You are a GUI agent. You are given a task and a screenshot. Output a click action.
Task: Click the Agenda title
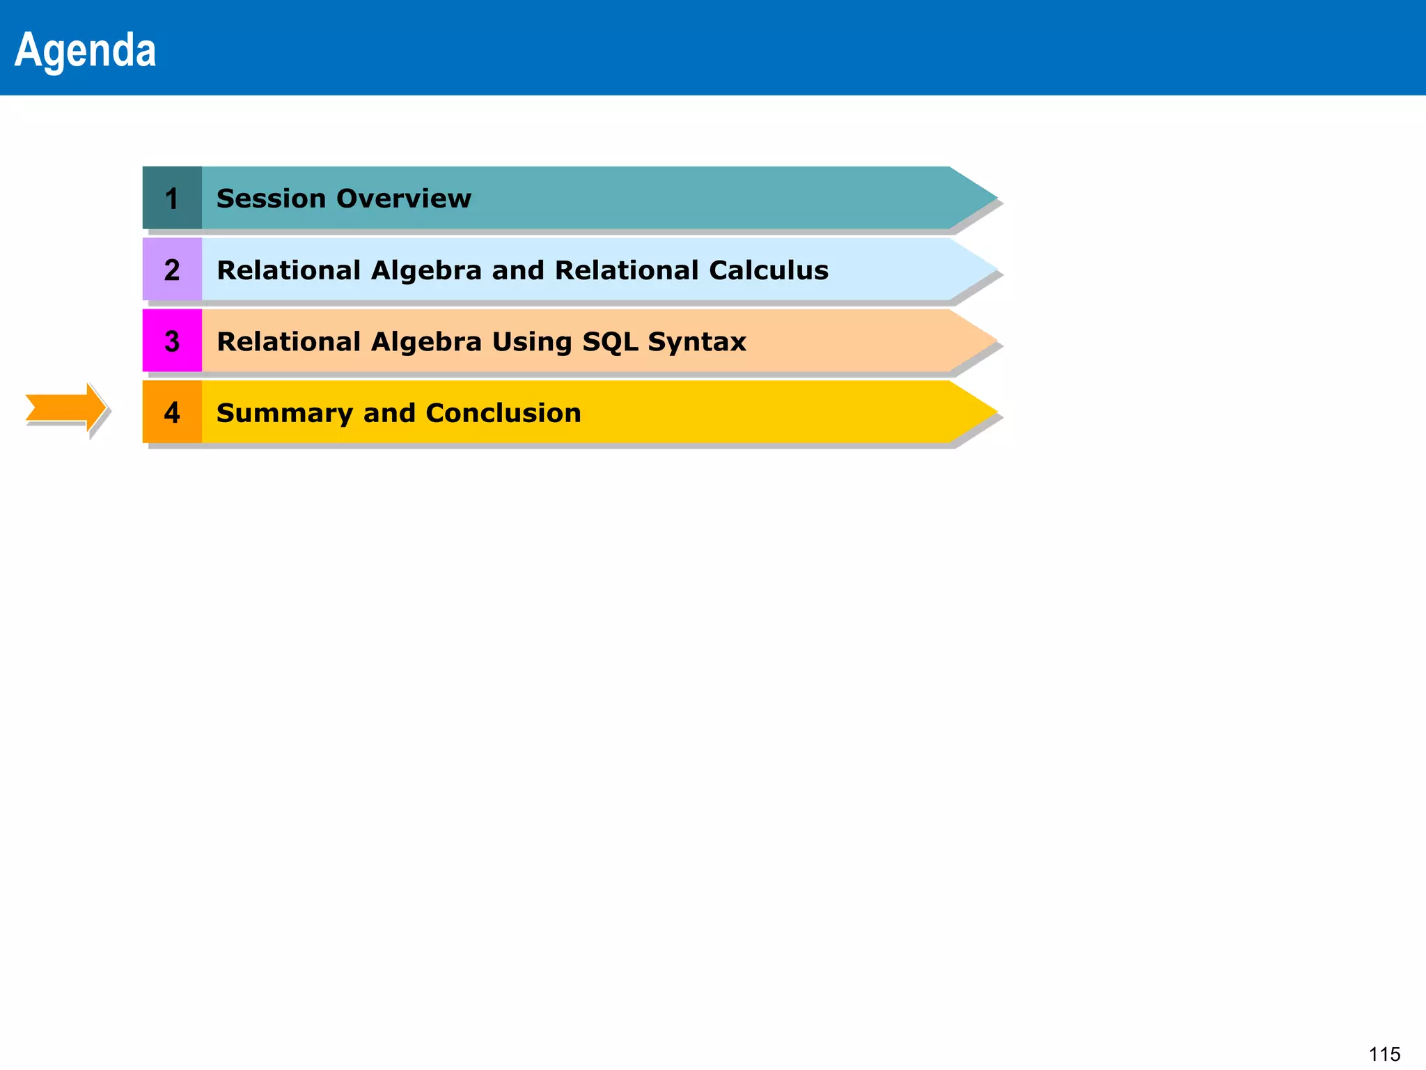85,50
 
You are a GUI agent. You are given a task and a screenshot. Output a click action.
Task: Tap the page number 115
1384,1054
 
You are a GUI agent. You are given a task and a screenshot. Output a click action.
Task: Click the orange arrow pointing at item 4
65,408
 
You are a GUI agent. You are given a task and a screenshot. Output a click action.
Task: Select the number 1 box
172,199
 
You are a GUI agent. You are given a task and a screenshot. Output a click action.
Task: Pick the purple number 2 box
172,270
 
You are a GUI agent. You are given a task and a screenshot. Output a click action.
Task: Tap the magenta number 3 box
172,341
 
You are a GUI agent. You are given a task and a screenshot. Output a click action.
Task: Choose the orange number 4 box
172,412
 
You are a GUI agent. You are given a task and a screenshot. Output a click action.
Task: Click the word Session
271,199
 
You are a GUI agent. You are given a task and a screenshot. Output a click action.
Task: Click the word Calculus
769,270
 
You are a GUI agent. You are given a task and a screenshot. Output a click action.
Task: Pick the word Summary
284,414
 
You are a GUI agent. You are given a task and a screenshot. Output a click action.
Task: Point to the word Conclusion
503,413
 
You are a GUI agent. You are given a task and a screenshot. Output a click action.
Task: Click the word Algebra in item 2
426,270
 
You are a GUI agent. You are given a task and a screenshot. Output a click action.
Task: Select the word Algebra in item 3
426,342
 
